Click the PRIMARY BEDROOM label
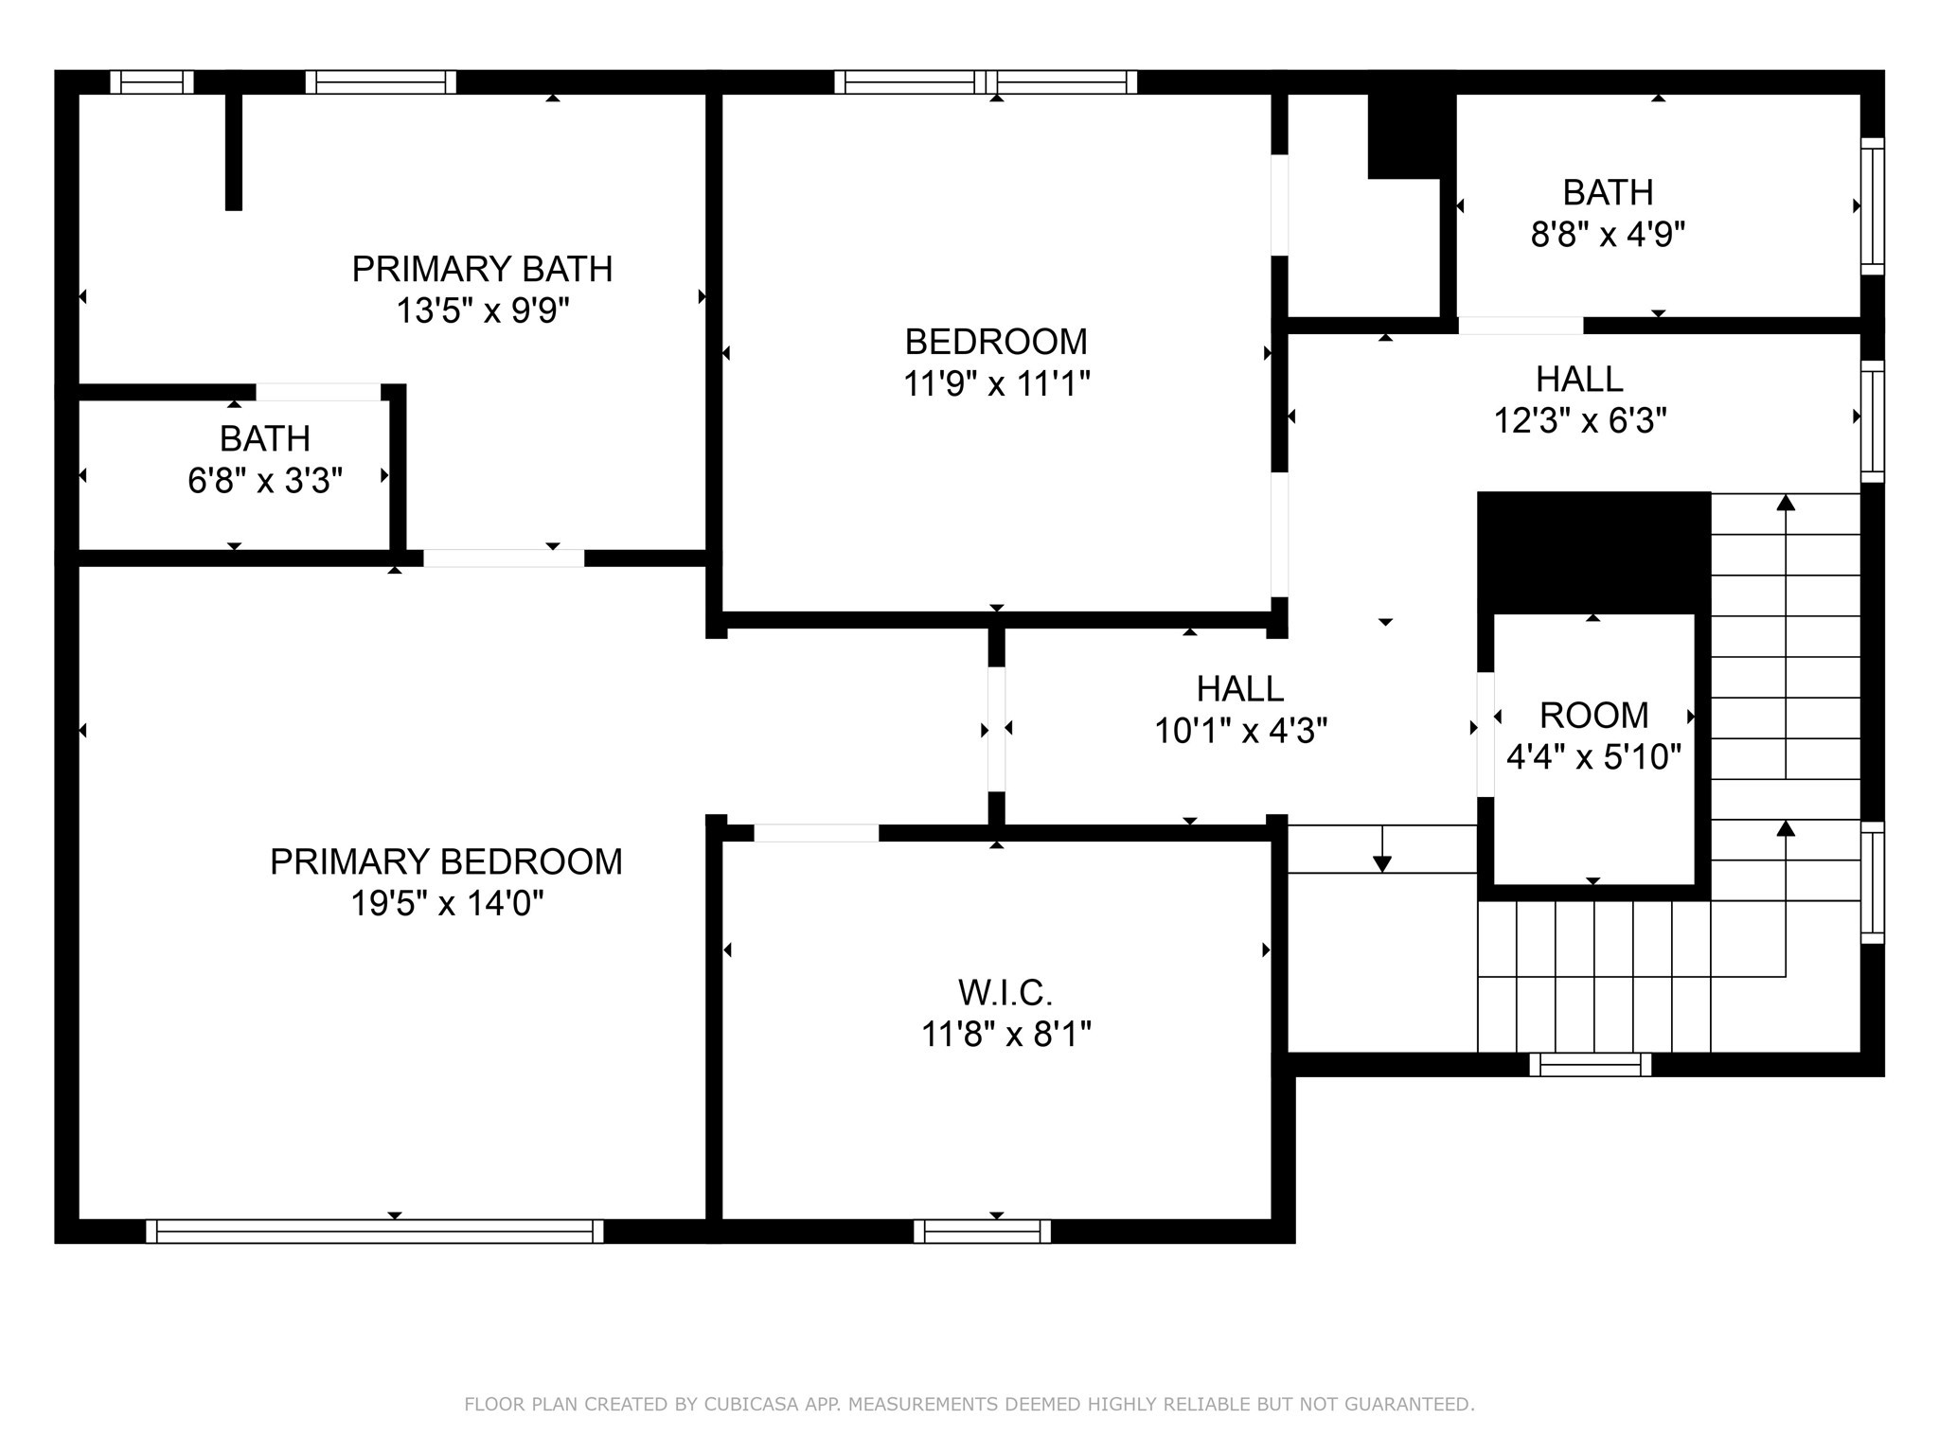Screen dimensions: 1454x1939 pyautogui.click(x=446, y=862)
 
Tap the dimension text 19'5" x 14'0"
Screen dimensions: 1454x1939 pyautogui.click(x=446, y=904)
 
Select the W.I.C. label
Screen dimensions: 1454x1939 pyautogui.click(x=1005, y=993)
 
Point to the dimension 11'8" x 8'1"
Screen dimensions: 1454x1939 pyautogui.click(x=1005, y=1035)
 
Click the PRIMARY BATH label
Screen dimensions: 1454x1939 pyautogui.click(x=482, y=270)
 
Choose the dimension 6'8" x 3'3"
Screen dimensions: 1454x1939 pyautogui.click(x=265, y=481)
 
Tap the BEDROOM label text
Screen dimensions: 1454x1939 pyautogui.click(x=996, y=342)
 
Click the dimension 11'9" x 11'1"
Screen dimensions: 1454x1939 pyautogui.click(x=996, y=384)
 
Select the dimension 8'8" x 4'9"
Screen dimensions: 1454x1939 pyautogui.click(x=1608, y=235)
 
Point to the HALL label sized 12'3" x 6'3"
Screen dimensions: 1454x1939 pyautogui.click(x=1579, y=380)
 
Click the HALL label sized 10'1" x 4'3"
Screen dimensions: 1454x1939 pyautogui.click(x=1239, y=689)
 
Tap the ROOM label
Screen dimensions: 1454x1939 pyautogui.click(x=1593, y=716)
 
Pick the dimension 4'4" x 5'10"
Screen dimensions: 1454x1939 pyautogui.click(x=1593, y=757)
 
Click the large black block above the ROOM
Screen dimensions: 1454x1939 pyautogui.click(x=1593, y=552)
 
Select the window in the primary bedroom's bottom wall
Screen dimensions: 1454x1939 pyautogui.click(x=375, y=1231)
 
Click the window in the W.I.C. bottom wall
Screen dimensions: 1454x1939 pyautogui.click(x=982, y=1231)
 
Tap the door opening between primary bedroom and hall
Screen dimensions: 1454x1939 pyautogui.click(x=996, y=729)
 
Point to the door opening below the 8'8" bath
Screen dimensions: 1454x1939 pyautogui.click(x=1521, y=326)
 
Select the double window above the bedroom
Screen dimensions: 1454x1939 pyautogui.click(x=985, y=82)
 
